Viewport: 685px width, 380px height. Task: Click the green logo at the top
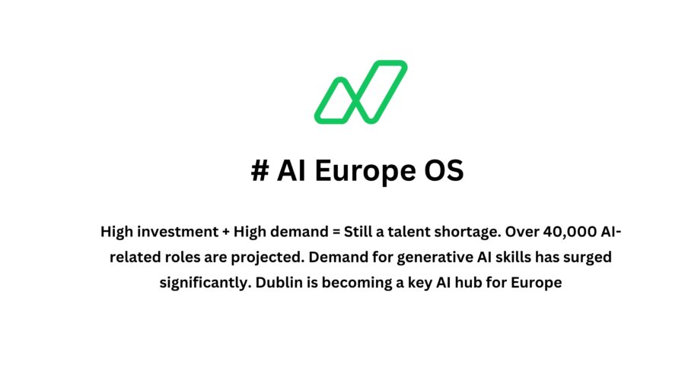pyautogui.click(x=361, y=92)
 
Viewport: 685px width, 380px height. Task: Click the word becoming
pyautogui.click(x=354, y=283)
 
